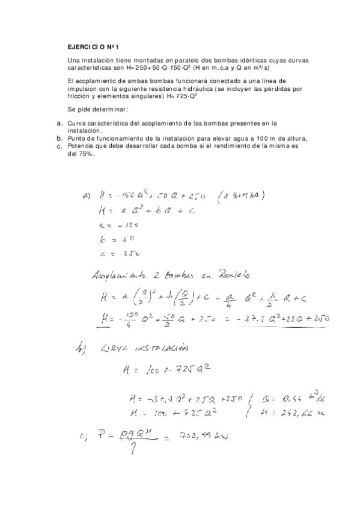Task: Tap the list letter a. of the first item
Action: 59,123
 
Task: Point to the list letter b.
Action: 59,138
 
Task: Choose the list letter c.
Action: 59,146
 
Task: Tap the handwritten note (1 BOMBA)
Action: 244,195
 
